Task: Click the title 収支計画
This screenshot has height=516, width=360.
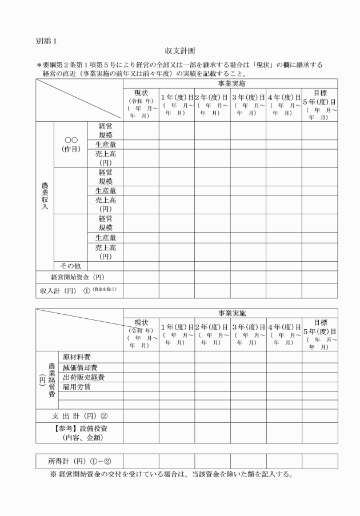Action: (x=180, y=51)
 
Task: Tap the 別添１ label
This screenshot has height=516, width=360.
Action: (x=46, y=41)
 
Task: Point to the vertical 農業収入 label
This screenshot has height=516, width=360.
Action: (x=45, y=195)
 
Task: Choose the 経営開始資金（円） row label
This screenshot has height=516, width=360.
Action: (x=79, y=277)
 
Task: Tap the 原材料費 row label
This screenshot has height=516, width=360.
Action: (x=77, y=357)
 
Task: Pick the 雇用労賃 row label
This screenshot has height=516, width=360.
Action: (x=77, y=387)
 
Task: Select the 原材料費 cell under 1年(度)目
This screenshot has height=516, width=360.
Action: (x=177, y=357)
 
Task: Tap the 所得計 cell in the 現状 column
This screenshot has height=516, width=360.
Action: (x=141, y=461)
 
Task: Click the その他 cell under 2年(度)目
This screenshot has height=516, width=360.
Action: (x=213, y=266)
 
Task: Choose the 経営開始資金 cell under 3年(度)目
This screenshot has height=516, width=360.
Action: (x=249, y=277)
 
